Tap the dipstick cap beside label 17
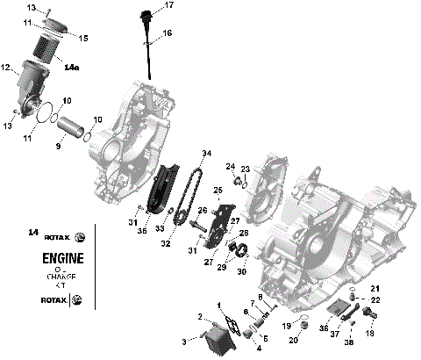(x=145, y=15)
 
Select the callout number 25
(x=218, y=190)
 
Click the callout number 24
(x=231, y=167)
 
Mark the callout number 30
(x=242, y=270)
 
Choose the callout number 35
(x=143, y=232)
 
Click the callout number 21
(x=375, y=290)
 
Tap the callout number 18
(x=369, y=335)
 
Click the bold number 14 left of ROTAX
(x=33, y=233)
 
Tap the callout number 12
(x=5, y=68)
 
